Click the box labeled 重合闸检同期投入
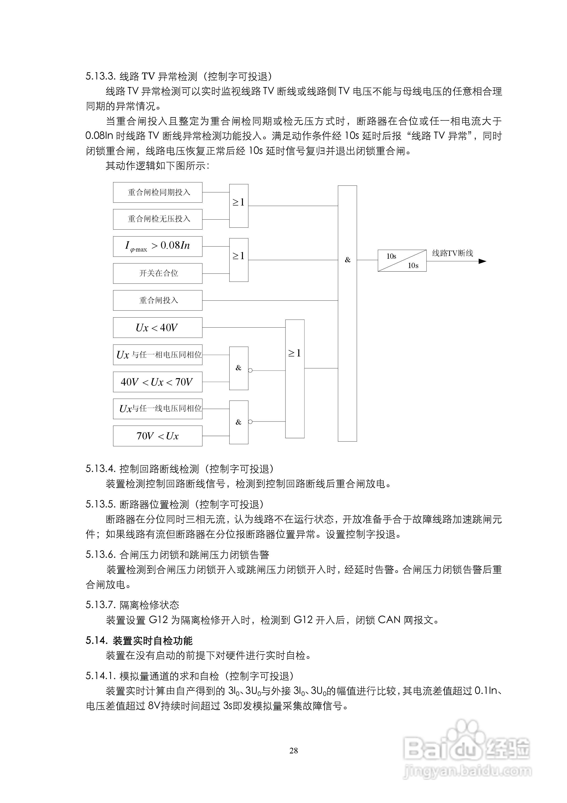(x=158, y=192)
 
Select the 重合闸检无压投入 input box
(x=158, y=219)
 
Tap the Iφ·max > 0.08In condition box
(x=158, y=246)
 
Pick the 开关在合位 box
(x=158, y=273)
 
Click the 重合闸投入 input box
(x=158, y=300)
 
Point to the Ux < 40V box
(x=158, y=327)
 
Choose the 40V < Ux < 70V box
(x=158, y=382)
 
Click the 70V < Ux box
(x=158, y=436)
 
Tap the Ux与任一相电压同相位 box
(x=158, y=355)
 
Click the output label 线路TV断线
(x=452, y=253)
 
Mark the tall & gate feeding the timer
(x=347, y=313)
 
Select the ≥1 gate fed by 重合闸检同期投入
(x=239, y=206)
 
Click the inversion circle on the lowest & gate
(x=250, y=422)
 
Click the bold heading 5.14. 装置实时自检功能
(x=139, y=640)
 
